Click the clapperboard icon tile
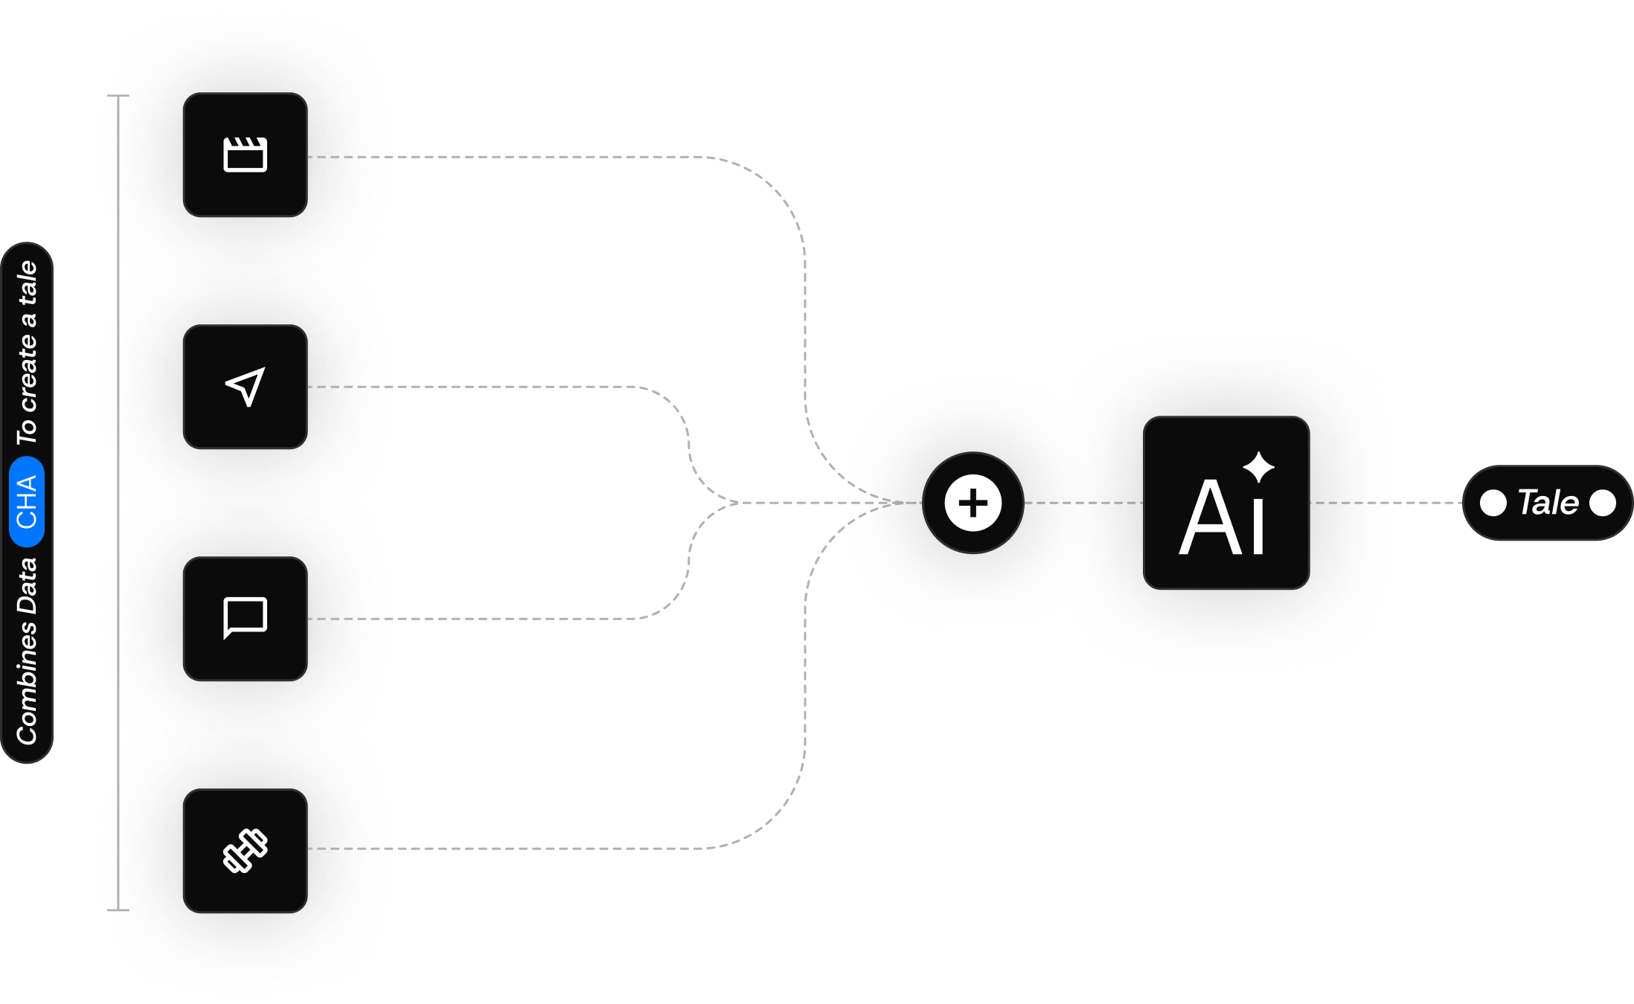coord(245,155)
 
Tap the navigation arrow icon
coord(245,387)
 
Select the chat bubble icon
coord(245,617)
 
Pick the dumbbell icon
coord(245,850)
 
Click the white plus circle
coord(973,503)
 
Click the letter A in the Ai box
coord(1211,518)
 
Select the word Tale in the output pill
coord(1548,503)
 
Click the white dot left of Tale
coord(1493,503)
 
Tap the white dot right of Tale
coord(1602,503)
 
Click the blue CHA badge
coord(27,502)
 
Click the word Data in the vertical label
coord(27,586)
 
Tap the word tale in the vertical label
coord(27,283)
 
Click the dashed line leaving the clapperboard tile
coord(521,157)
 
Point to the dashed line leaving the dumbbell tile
coord(521,848)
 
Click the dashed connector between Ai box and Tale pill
coord(1384,503)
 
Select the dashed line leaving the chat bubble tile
coord(484,618)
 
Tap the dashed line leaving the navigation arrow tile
coord(484,387)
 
